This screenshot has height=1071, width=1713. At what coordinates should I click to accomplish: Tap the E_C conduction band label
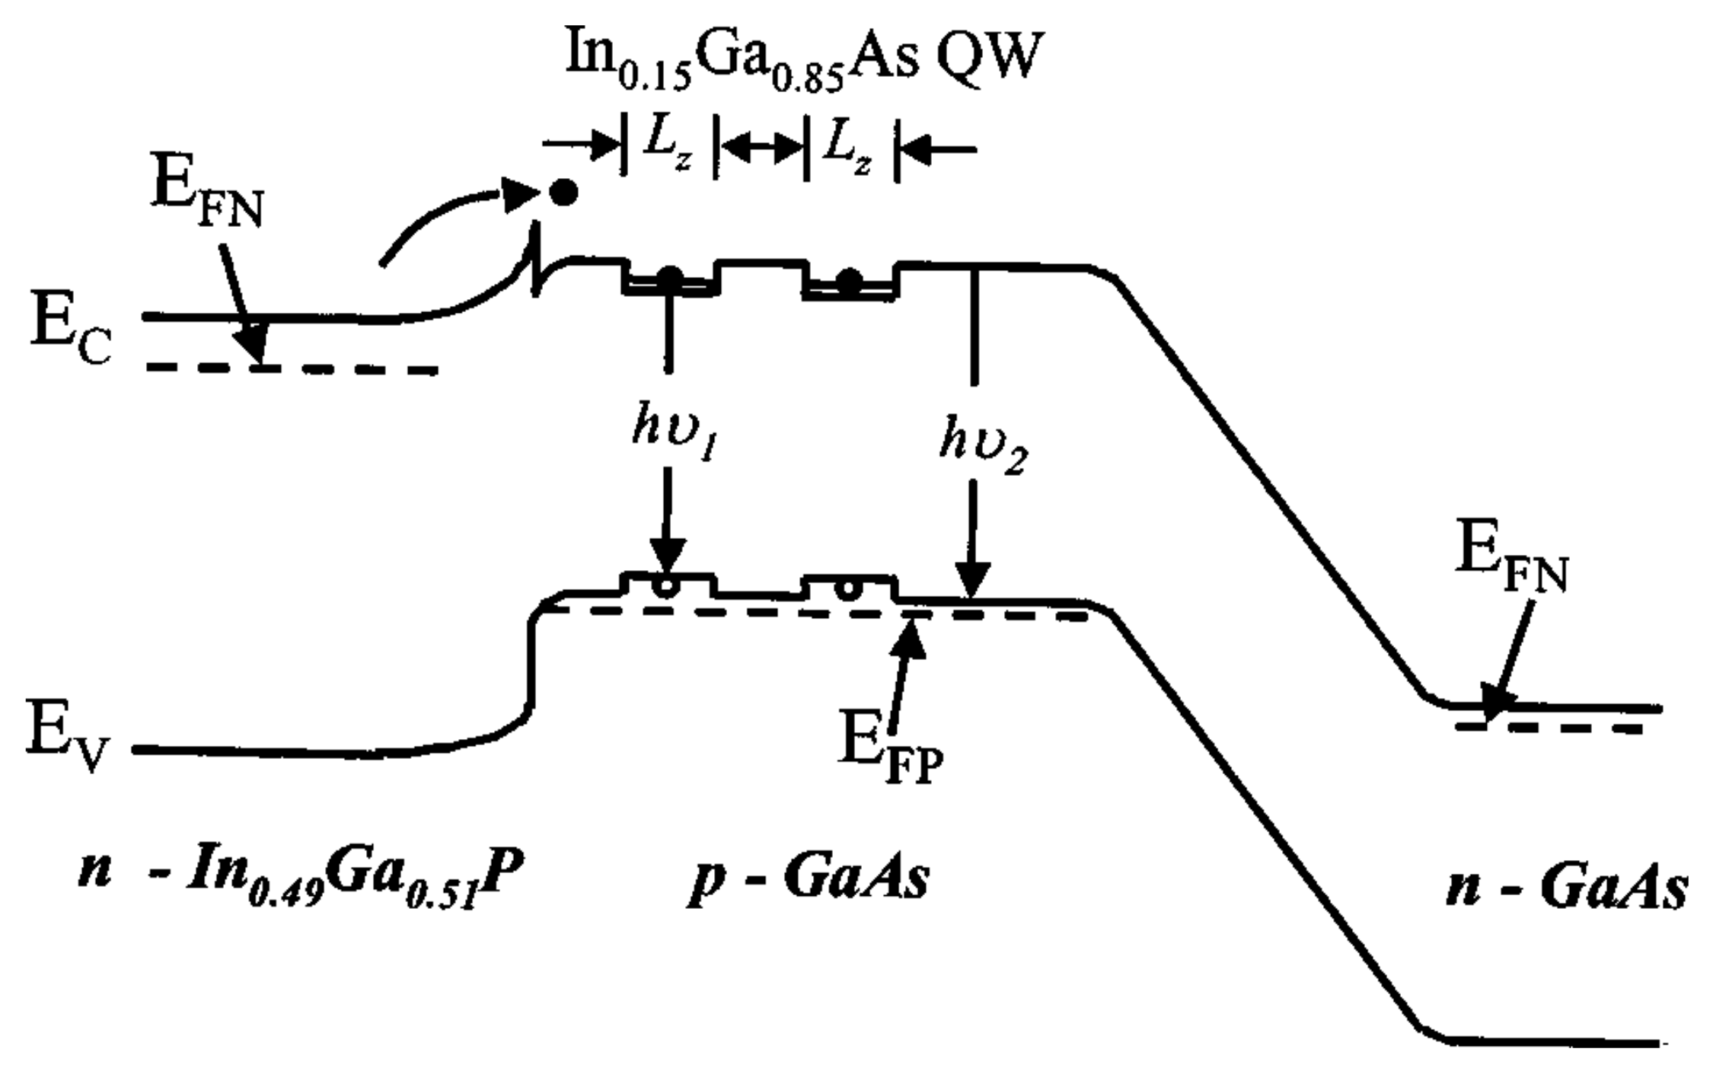[x=71, y=335]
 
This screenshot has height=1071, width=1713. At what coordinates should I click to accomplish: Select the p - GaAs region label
[x=807, y=883]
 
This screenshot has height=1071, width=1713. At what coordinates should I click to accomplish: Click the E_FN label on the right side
[x=1511, y=563]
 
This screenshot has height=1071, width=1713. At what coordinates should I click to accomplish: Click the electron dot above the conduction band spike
[x=563, y=193]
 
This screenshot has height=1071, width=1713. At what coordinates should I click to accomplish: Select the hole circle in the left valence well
[x=666, y=588]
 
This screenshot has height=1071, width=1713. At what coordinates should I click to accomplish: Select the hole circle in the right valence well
[x=844, y=588]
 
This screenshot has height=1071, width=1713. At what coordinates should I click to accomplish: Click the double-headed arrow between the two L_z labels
[x=759, y=149]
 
